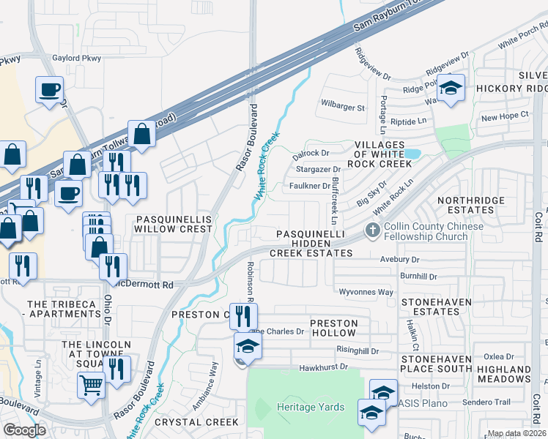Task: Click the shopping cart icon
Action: [x=91, y=383]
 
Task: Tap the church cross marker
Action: [x=373, y=231]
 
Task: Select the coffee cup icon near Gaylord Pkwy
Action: [x=50, y=90]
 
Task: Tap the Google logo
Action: [x=24, y=430]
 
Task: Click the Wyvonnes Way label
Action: [x=366, y=292]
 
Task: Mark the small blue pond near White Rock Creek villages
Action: [x=412, y=154]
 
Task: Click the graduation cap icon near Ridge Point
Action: [x=451, y=89]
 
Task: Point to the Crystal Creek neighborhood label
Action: [x=202, y=422]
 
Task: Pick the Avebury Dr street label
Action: [x=399, y=260]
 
